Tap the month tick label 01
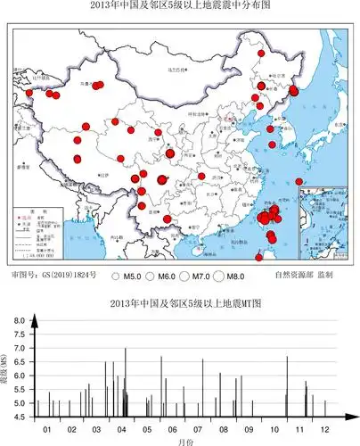[x=47, y=429]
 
